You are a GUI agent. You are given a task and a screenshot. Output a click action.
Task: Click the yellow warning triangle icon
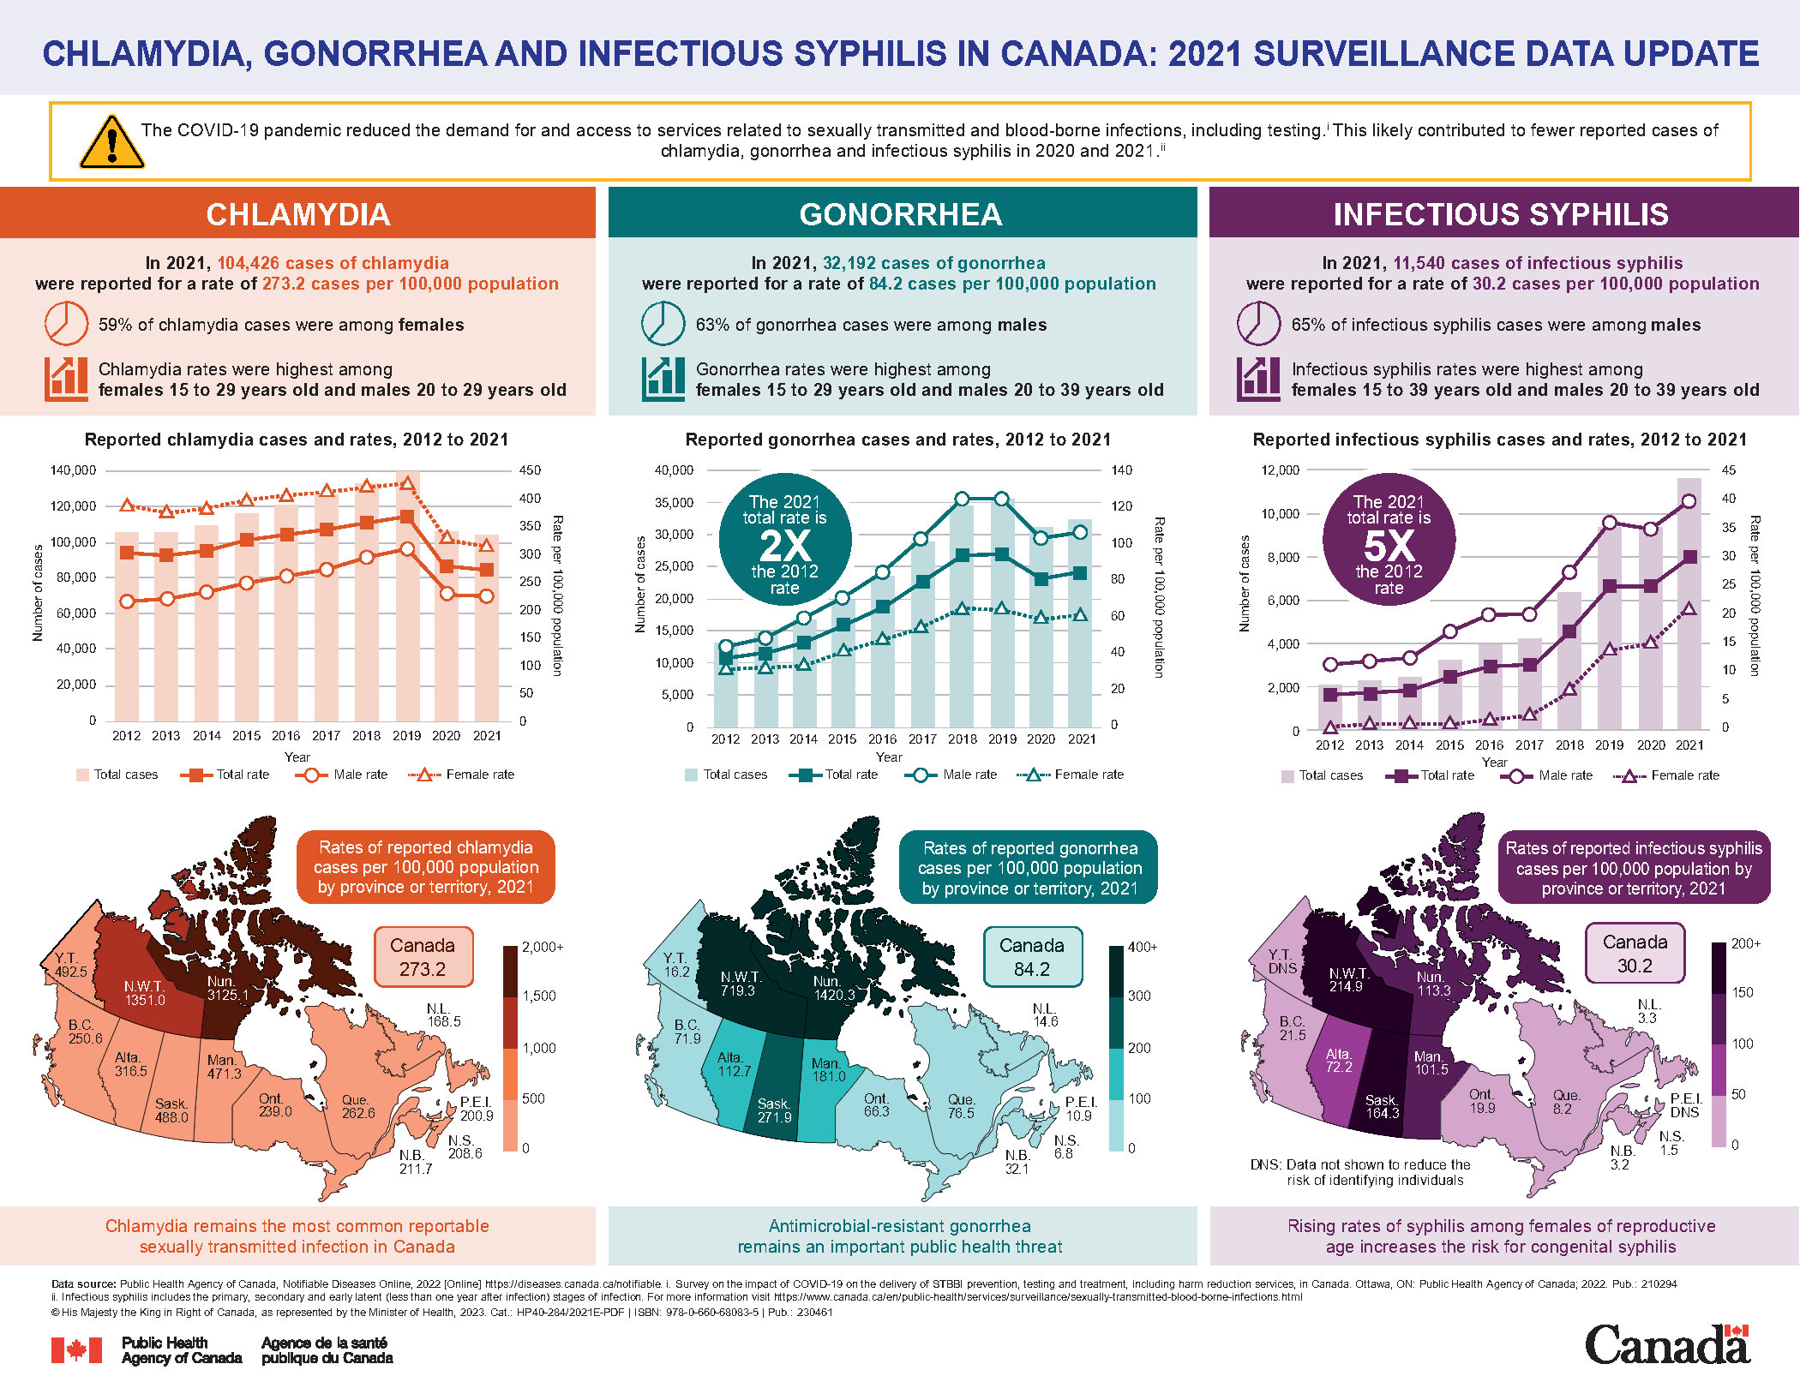point(111,142)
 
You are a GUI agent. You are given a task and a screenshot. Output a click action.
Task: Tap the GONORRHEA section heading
point(901,214)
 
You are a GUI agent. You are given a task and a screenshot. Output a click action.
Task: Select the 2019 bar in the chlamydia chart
point(407,600)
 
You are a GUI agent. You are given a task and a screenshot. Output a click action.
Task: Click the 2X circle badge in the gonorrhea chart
point(784,544)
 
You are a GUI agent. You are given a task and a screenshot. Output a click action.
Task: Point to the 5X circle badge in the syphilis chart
point(1389,544)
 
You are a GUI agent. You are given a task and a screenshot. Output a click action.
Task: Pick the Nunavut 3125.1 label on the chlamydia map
point(227,988)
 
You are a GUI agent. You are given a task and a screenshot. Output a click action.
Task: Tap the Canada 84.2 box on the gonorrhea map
point(1032,957)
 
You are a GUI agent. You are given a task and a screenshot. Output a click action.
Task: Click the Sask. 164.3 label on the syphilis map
point(1382,1106)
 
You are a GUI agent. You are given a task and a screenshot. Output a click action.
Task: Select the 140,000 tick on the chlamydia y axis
point(74,470)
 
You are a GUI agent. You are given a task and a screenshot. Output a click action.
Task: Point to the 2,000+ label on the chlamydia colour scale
point(543,947)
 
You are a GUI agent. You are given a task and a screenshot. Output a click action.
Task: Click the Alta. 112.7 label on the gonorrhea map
point(734,1064)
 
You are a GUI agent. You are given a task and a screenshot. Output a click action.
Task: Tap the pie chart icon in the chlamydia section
point(66,324)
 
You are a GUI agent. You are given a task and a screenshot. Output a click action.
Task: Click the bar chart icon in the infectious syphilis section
point(1258,379)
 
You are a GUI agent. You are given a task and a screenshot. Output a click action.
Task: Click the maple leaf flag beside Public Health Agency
point(76,1350)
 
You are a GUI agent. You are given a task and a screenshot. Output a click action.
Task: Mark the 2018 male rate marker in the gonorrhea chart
point(962,499)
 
